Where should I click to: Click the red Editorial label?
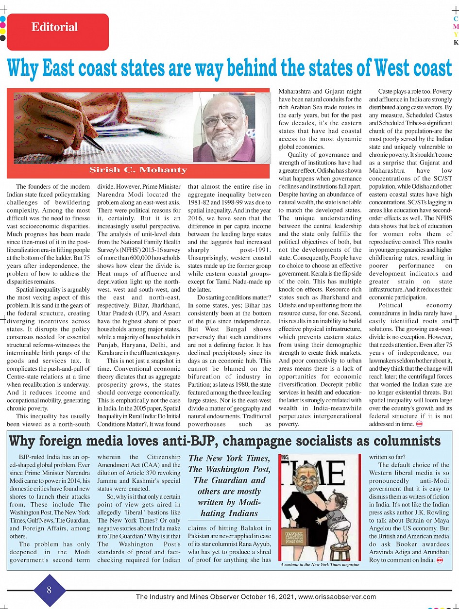[x=54, y=27]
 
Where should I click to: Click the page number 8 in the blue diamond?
[x=49, y=590]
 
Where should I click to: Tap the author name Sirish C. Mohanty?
[x=138, y=170]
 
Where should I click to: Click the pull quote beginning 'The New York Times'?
[x=228, y=486]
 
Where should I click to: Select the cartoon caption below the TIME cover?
[x=320, y=564]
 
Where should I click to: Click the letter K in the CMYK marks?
[x=456, y=42]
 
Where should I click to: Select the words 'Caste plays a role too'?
[x=402, y=91]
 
